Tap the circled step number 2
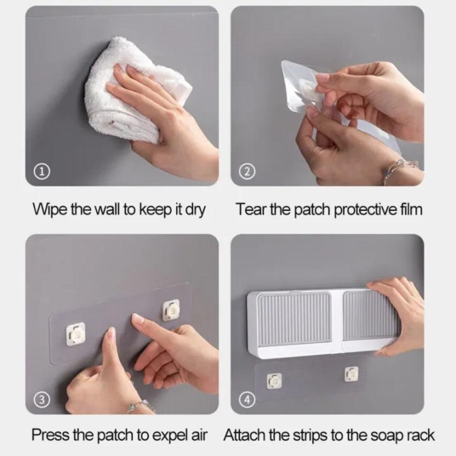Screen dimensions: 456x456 click(x=247, y=172)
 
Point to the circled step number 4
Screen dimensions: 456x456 click(x=247, y=400)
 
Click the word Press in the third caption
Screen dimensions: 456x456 click(x=51, y=435)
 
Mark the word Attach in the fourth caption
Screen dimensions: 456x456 click(x=245, y=435)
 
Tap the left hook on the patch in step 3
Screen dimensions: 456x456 click(x=76, y=334)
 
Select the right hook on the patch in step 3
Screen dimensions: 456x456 click(x=171, y=311)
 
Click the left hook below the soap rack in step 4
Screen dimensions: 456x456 click(x=274, y=381)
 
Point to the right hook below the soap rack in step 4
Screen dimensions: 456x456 click(x=352, y=374)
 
